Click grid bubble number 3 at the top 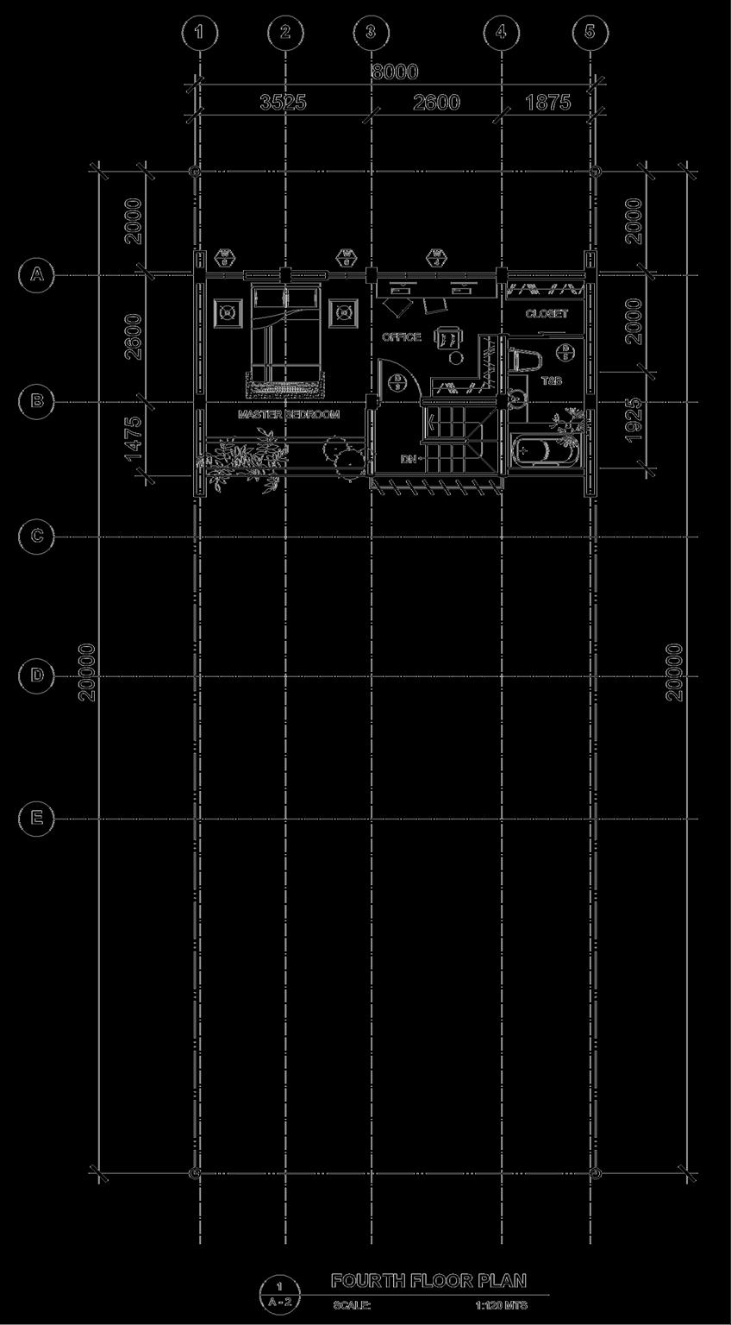click(371, 33)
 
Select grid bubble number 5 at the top click(590, 33)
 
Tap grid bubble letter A click(36, 274)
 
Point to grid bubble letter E click(36, 818)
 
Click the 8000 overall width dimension click(395, 72)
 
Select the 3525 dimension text click(283, 103)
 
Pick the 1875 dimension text click(547, 103)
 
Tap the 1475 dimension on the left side click(133, 438)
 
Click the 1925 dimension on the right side click(634, 420)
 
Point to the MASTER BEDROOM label click(289, 415)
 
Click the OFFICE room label click(402, 337)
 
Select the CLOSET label click(547, 314)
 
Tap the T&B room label click(551, 380)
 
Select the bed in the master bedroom click(284, 341)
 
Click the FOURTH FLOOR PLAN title click(428, 1280)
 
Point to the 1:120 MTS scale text click(501, 1305)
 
